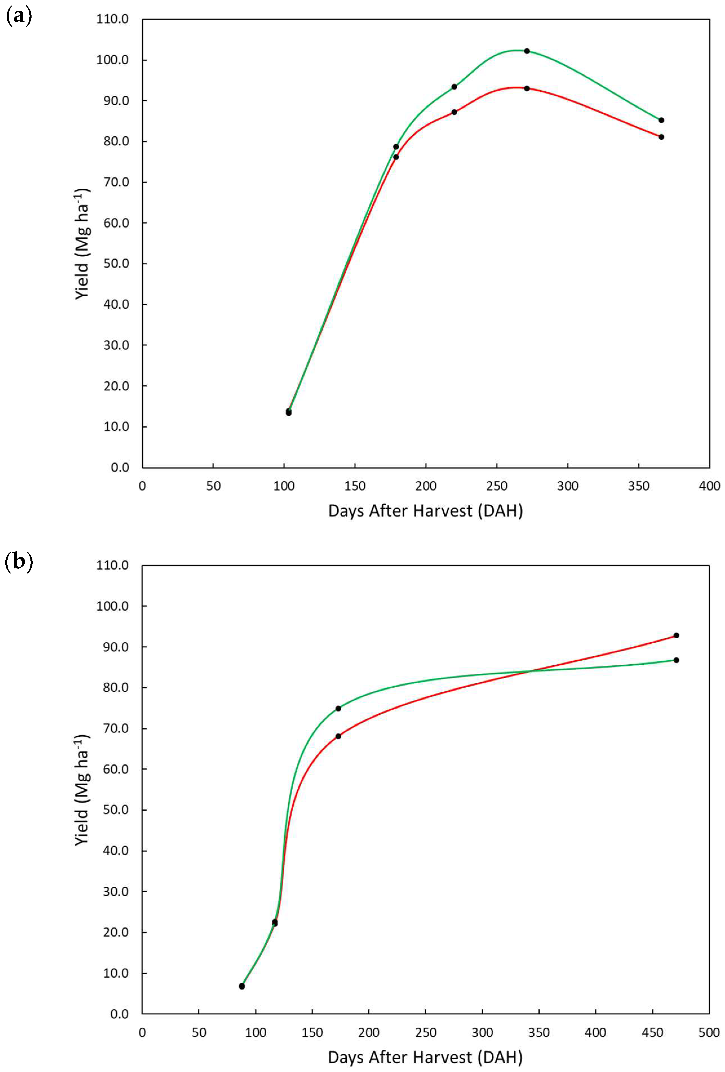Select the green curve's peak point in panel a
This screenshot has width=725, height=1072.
(x=527, y=51)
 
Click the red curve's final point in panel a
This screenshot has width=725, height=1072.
(x=661, y=137)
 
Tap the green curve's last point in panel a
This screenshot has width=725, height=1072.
(x=661, y=120)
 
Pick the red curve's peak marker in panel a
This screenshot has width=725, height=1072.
(x=527, y=88)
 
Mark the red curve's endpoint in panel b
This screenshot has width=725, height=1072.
(x=676, y=635)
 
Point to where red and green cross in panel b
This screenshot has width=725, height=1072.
(x=529, y=671)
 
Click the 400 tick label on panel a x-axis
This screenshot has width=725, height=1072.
(x=709, y=486)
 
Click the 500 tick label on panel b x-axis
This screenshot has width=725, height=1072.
(x=708, y=1032)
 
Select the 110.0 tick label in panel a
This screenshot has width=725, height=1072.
(x=112, y=19)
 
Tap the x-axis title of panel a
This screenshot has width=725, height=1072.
(x=425, y=511)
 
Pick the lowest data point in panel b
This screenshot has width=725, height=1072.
(x=242, y=986)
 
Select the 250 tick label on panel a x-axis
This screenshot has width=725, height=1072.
(x=496, y=486)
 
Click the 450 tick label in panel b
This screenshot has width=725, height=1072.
(x=652, y=1032)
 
